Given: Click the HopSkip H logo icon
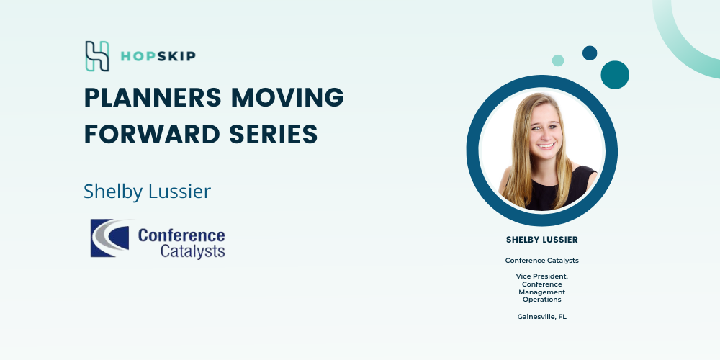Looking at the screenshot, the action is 97,56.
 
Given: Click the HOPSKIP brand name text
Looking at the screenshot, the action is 158,56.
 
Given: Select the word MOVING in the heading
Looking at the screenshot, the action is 287,97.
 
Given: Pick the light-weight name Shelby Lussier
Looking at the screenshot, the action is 147,192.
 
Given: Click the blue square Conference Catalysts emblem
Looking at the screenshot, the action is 109,238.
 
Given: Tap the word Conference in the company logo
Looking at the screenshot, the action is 181,235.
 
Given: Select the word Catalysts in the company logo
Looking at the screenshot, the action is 193,251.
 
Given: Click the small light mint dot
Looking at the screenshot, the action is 558,60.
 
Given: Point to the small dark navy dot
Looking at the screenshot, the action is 590,53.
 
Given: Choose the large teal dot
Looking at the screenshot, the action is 615,75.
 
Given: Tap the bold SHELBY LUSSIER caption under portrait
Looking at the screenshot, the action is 542,240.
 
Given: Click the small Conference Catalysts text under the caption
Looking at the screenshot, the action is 542,261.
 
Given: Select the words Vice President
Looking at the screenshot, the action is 542,276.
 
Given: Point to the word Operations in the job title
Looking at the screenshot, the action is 542,300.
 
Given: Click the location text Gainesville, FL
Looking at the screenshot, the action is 542,316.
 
